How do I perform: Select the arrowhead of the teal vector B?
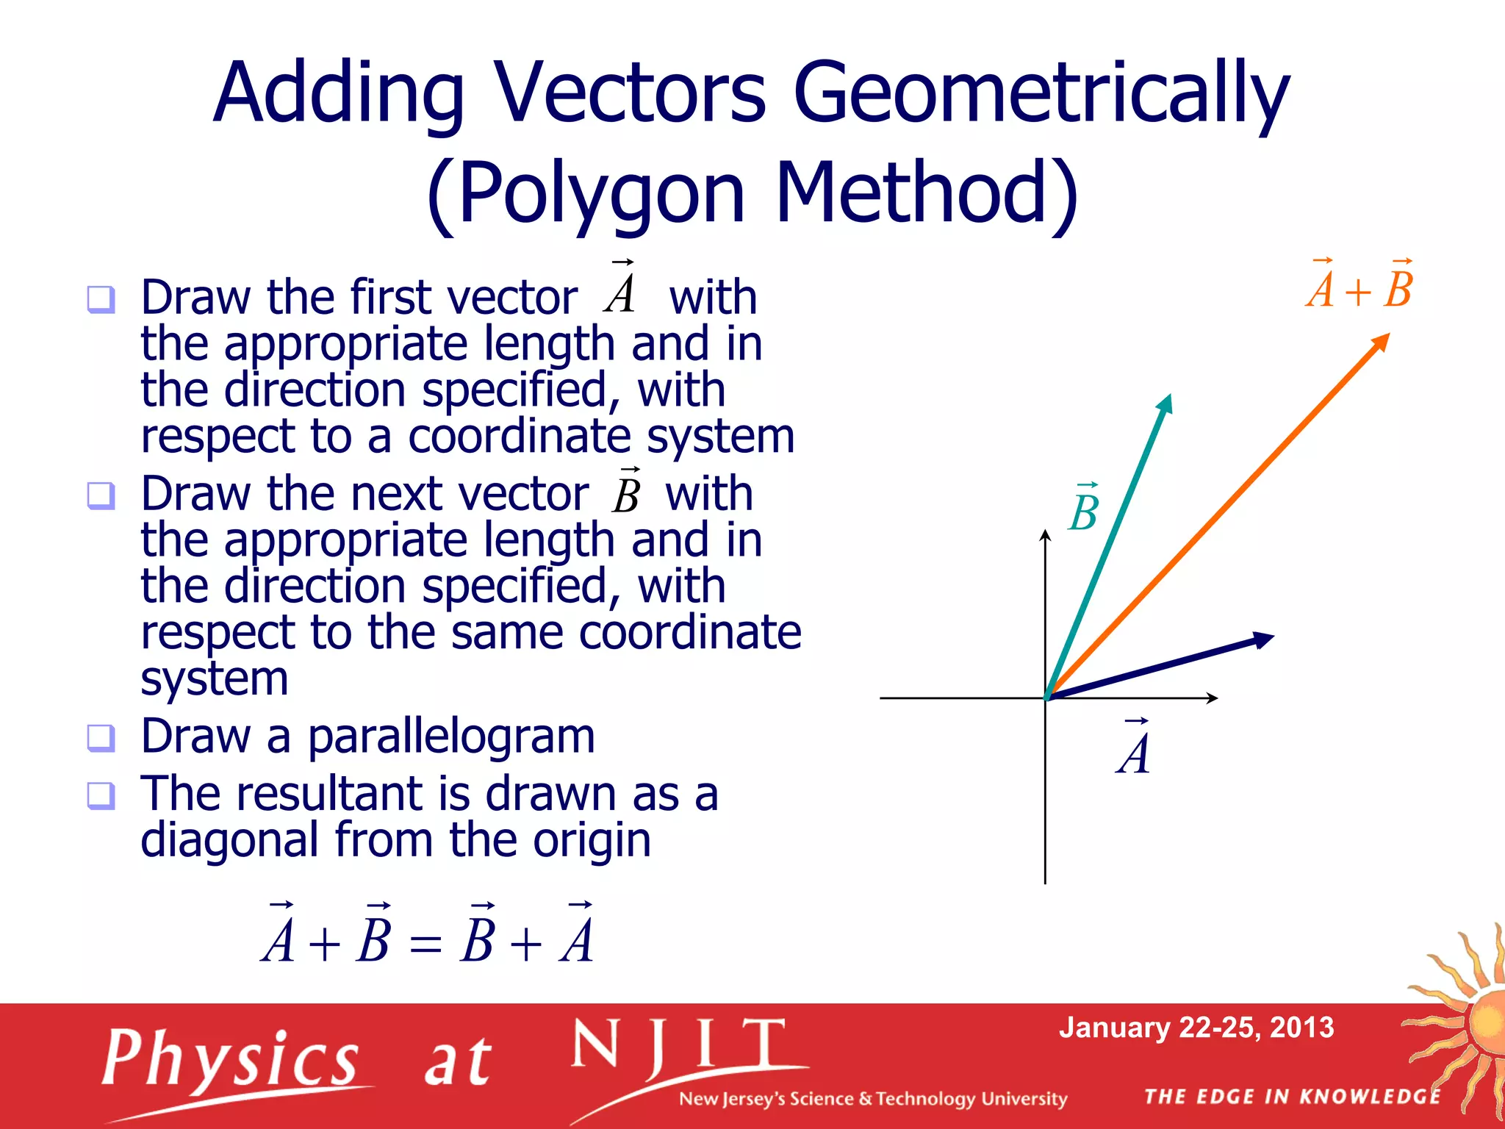[x=1165, y=404]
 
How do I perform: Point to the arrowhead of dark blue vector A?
[x=1262, y=639]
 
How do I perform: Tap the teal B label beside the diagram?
[x=1084, y=509]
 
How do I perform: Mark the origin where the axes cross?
[x=1046, y=698]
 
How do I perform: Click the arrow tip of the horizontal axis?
[x=1214, y=698]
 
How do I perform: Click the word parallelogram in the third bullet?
[x=450, y=737]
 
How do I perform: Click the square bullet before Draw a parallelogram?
[x=101, y=737]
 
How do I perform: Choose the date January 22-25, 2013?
[x=1196, y=1028]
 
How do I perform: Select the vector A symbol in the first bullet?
[x=621, y=289]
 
